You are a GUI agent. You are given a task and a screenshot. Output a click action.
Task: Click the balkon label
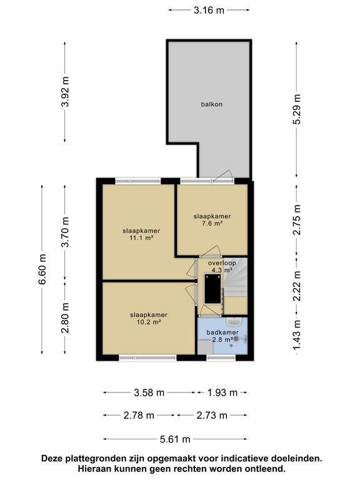(211, 104)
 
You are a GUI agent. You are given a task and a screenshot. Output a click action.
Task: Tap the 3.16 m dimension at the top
(209, 11)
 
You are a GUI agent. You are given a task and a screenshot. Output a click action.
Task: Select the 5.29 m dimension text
(296, 109)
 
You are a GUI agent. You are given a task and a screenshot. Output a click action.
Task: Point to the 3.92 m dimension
(65, 91)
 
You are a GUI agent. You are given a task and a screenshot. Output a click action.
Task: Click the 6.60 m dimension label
(42, 269)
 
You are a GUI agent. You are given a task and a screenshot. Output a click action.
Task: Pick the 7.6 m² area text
(212, 224)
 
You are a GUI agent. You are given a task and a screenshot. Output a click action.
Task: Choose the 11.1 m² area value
(141, 238)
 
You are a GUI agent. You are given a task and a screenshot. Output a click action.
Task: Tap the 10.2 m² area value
(149, 322)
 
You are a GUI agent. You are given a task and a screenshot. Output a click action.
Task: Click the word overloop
(222, 263)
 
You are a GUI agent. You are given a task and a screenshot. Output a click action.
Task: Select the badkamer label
(222, 332)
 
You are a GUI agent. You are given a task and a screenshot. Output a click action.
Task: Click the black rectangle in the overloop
(212, 289)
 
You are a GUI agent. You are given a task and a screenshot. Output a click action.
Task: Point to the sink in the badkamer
(234, 322)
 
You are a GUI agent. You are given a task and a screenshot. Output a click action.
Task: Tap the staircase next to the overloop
(236, 278)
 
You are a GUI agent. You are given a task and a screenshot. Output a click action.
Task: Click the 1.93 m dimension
(222, 392)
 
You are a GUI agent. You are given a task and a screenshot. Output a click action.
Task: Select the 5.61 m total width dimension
(175, 439)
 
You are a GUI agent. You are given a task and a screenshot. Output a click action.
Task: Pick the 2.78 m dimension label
(139, 416)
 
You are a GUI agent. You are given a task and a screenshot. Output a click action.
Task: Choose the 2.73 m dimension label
(212, 416)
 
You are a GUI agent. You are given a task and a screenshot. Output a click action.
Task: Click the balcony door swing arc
(224, 174)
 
